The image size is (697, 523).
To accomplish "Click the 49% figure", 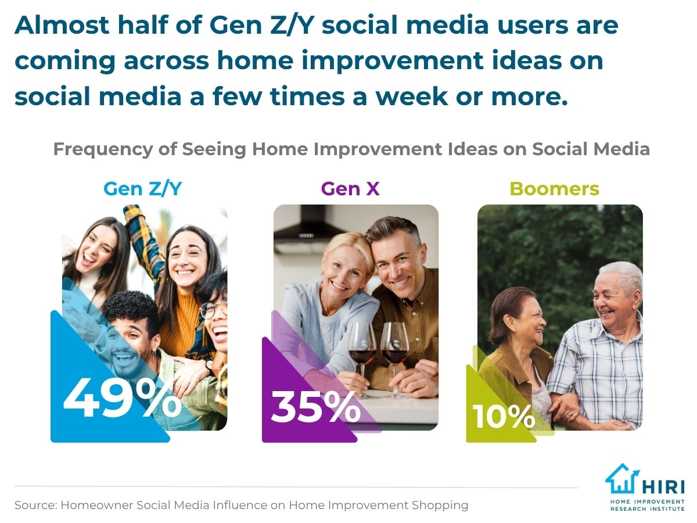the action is tap(122, 398).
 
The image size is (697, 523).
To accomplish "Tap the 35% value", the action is tap(316, 406).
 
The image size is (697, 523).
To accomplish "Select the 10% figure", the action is tap(504, 416).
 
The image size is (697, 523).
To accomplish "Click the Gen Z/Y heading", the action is tap(142, 189).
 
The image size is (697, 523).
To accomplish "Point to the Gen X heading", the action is tap(350, 189).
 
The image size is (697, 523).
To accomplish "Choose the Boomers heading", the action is tap(555, 189).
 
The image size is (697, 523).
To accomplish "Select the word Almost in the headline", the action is tap(62, 25).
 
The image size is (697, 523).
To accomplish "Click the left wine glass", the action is tap(362, 360).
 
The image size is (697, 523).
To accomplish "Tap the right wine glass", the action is tap(394, 360).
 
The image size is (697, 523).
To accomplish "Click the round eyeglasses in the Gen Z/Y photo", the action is tap(213, 309).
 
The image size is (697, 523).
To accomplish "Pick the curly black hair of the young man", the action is tap(131, 310).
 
